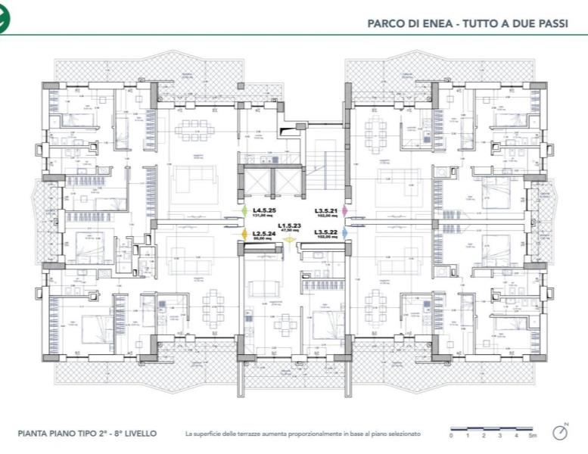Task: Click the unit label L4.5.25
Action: (264, 210)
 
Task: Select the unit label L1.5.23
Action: (289, 225)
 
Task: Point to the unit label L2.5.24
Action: (263, 232)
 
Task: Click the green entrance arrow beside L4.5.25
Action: (244, 211)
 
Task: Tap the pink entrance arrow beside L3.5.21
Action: (344, 210)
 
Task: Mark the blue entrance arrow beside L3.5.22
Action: (344, 233)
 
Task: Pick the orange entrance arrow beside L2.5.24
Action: (244, 234)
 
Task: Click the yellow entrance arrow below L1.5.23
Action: (289, 240)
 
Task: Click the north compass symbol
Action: (560, 432)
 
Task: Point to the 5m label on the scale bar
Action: (534, 437)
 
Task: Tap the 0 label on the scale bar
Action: (451, 437)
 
